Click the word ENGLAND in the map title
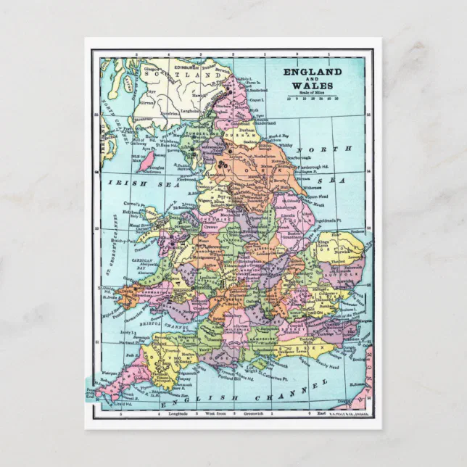click(x=312, y=73)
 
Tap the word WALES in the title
click(x=312, y=86)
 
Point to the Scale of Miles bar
click(x=313, y=97)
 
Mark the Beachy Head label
click(x=317, y=366)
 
